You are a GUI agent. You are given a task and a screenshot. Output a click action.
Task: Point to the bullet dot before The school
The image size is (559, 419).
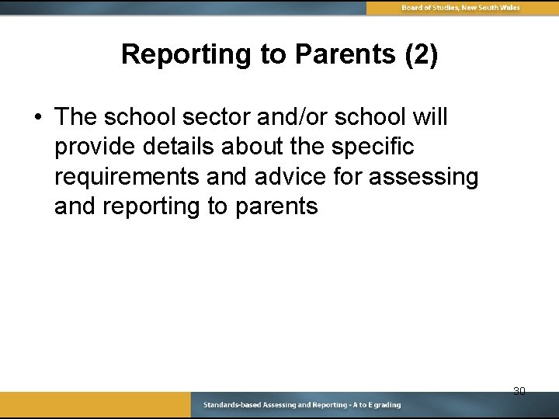coord(37,117)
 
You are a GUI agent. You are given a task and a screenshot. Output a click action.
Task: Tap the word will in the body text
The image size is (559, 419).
coord(429,117)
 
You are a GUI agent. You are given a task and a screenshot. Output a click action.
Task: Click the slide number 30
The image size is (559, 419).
coord(519,391)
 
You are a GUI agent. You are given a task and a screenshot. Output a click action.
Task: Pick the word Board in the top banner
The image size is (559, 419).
coord(413,8)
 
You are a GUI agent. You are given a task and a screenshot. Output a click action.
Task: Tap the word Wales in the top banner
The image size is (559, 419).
coord(509,8)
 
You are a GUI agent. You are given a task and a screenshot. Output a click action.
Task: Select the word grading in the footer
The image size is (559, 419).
coord(386,405)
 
